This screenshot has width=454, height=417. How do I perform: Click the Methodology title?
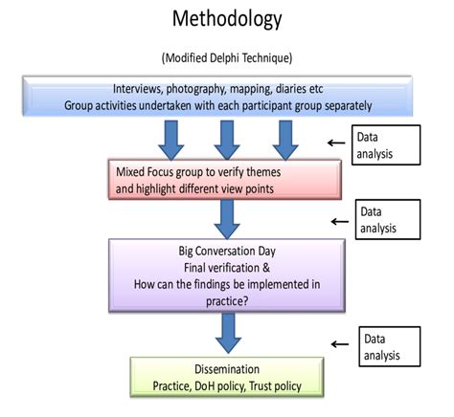pos(227,19)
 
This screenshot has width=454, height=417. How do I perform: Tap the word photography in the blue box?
pos(196,89)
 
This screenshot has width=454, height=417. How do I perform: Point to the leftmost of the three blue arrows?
pos(171,140)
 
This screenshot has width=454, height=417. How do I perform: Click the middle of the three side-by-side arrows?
pos(227,140)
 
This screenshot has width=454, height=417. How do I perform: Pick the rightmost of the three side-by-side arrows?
pos(285,140)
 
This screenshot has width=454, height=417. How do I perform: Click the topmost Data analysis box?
pos(386,145)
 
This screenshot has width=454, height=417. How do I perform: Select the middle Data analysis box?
pos(388,220)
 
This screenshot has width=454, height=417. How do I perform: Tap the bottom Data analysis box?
pos(390,346)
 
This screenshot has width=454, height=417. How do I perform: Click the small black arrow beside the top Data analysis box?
pos(336,143)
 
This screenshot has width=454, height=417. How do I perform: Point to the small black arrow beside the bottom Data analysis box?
pos(340,344)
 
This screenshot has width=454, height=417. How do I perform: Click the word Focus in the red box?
pos(161,172)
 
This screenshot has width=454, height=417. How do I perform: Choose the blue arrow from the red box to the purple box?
pos(227,219)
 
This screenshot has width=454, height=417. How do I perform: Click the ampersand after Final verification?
pos(266,268)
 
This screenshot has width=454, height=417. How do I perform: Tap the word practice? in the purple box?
pos(227,301)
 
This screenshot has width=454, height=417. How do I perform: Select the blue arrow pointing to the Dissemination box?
pos(228,333)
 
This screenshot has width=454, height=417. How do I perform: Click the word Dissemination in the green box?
pos(227,369)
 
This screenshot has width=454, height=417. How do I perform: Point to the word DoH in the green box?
pos(204,386)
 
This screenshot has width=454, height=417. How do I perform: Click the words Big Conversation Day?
pos(227,251)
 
